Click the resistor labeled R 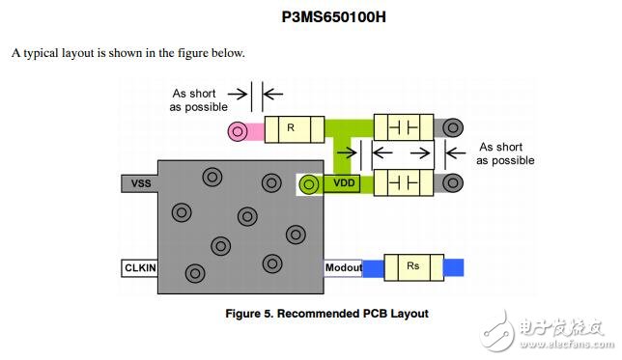(292, 128)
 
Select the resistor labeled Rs (413, 267)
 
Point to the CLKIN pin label (141, 267)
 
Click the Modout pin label (343, 267)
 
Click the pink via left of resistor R (238, 129)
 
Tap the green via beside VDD (309, 183)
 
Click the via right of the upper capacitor (453, 127)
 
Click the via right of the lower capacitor (453, 181)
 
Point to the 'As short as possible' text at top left (199, 99)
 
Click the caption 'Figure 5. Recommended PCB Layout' (326, 314)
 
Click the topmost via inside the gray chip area (212, 177)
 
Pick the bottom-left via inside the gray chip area (195, 274)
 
